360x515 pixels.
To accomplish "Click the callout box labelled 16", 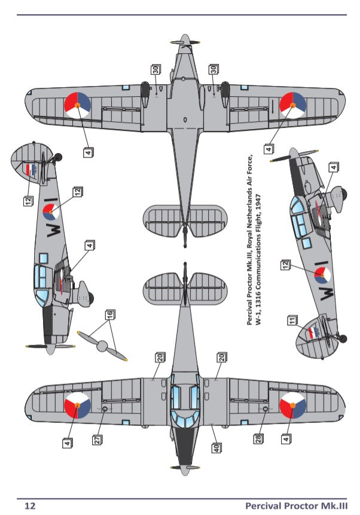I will pyautogui.click(x=110, y=314).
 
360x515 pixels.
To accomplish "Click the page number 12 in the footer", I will pyautogui.click(x=29, y=505).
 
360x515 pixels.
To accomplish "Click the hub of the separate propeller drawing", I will pyautogui.click(x=102, y=345).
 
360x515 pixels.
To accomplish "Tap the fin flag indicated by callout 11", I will pyautogui.click(x=312, y=332).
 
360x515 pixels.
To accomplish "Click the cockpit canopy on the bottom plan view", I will pyautogui.click(x=184, y=400).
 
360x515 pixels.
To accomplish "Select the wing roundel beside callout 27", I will pyautogui.click(x=77, y=407).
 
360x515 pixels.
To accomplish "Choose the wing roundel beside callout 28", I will pyautogui.click(x=292, y=407).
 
